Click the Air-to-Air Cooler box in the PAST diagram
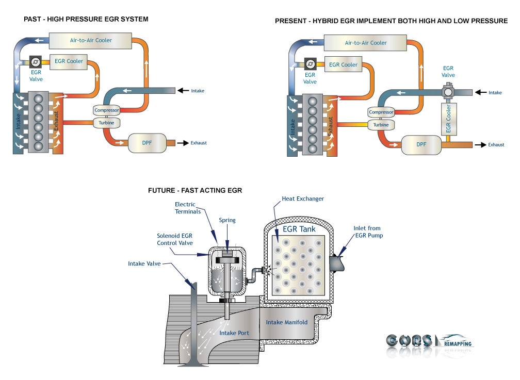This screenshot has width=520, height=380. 91,40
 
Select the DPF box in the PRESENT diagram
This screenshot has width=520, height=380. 421,144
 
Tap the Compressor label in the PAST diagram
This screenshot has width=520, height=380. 107,110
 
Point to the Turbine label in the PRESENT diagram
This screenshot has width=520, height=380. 381,125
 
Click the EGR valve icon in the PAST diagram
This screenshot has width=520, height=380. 36,62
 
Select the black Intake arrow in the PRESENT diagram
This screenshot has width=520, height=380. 480,92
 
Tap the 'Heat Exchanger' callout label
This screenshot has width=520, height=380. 303,199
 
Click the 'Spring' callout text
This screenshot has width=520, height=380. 227,220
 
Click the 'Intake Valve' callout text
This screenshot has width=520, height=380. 144,263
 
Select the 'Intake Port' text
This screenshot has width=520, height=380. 234,333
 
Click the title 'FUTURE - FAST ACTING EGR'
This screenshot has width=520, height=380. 195,190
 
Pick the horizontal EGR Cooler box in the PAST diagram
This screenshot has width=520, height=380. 69,61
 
